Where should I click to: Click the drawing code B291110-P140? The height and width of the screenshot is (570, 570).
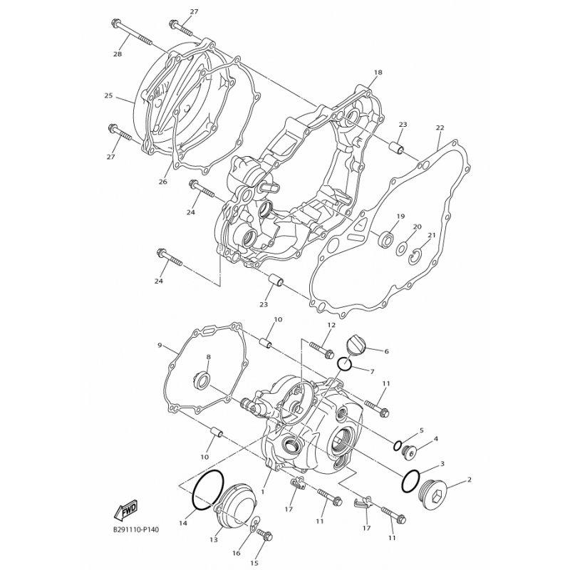(135, 529)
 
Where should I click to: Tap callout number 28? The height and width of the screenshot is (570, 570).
(118, 54)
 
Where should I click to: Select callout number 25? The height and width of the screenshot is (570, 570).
(108, 96)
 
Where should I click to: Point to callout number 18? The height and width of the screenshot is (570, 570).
(378, 73)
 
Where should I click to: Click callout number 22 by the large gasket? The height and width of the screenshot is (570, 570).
(440, 128)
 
